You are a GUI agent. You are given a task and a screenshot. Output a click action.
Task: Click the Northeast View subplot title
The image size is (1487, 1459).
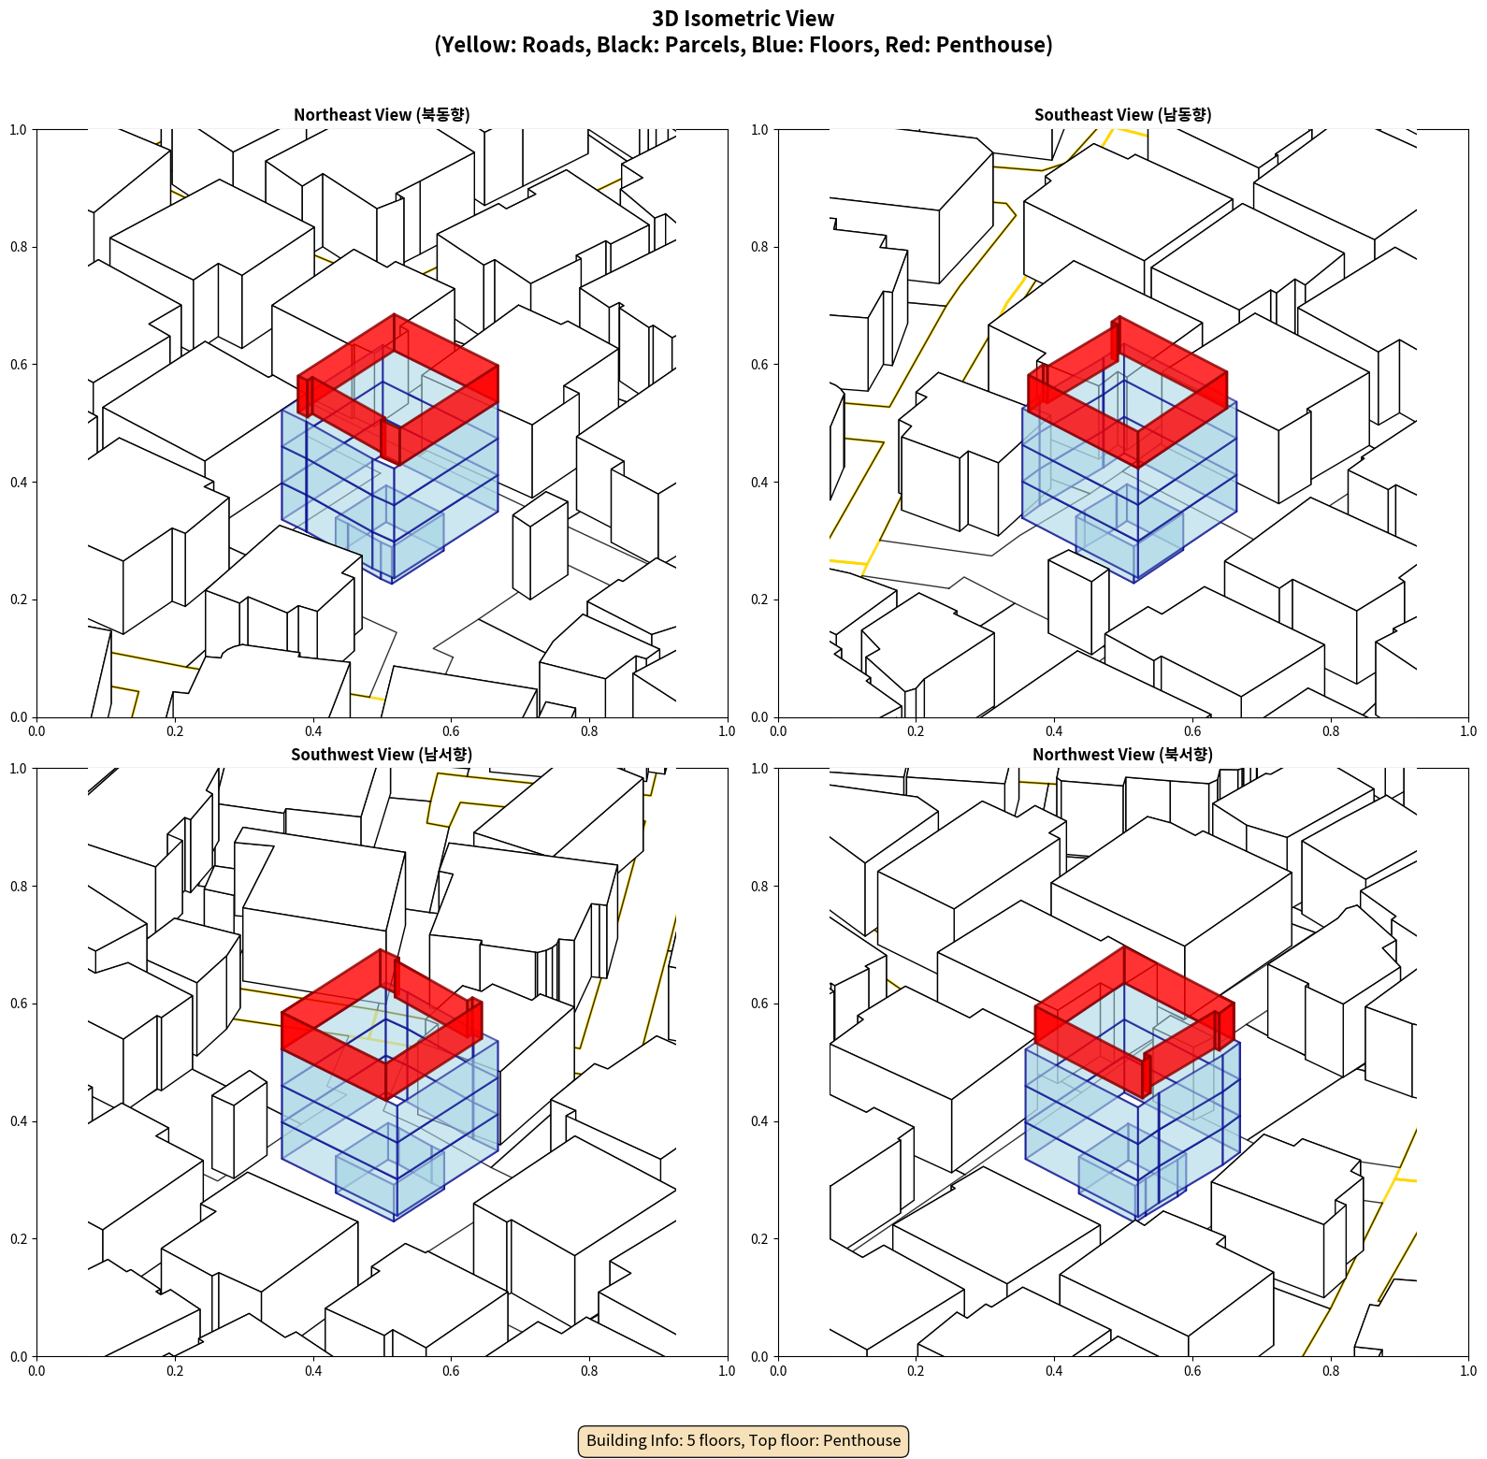pyautogui.click(x=382, y=114)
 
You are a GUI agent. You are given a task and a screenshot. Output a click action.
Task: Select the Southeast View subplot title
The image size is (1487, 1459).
pyautogui.click(x=1122, y=114)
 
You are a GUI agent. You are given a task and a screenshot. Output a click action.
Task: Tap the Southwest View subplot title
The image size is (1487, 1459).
pyautogui.click(x=382, y=754)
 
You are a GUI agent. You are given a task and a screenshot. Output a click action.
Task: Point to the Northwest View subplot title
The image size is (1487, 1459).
pyautogui.click(x=1122, y=754)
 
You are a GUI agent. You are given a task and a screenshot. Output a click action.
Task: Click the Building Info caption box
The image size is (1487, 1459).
pyautogui.click(x=743, y=1440)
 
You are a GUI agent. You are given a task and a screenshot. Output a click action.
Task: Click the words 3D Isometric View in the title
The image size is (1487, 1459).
pyautogui.click(x=743, y=19)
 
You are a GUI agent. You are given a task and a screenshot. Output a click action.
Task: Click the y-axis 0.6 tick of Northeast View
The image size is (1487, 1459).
pyautogui.click(x=19, y=365)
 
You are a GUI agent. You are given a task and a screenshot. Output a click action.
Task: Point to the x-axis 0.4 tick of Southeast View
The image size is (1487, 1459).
pyautogui.click(x=1054, y=731)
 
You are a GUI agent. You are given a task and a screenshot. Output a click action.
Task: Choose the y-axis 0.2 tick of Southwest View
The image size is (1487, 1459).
pyautogui.click(x=19, y=1239)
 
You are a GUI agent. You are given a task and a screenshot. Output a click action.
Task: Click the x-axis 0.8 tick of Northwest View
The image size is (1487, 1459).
pyautogui.click(x=1331, y=1371)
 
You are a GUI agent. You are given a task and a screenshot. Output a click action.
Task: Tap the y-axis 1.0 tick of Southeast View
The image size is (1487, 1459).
pyautogui.click(x=759, y=129)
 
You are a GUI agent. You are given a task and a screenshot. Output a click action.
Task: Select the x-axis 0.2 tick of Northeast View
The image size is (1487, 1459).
pyautogui.click(x=175, y=731)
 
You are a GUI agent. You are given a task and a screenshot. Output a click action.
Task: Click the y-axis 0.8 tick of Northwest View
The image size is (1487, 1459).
pyautogui.click(x=759, y=887)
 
